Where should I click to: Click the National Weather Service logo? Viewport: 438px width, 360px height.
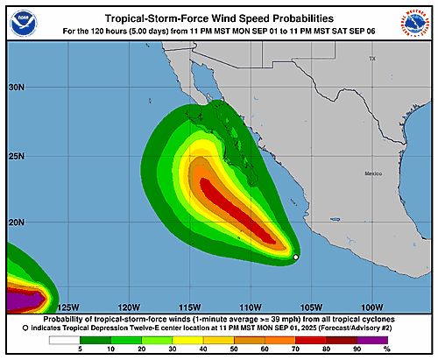414,24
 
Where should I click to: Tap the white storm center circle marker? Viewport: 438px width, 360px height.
296,257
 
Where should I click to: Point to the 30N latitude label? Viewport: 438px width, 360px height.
17,88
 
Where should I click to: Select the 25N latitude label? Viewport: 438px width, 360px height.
17,156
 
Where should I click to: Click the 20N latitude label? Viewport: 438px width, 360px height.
17,222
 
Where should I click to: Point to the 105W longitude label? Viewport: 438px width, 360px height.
312,307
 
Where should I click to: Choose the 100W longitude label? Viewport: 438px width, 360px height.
372,307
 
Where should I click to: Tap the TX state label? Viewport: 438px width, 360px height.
371,59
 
